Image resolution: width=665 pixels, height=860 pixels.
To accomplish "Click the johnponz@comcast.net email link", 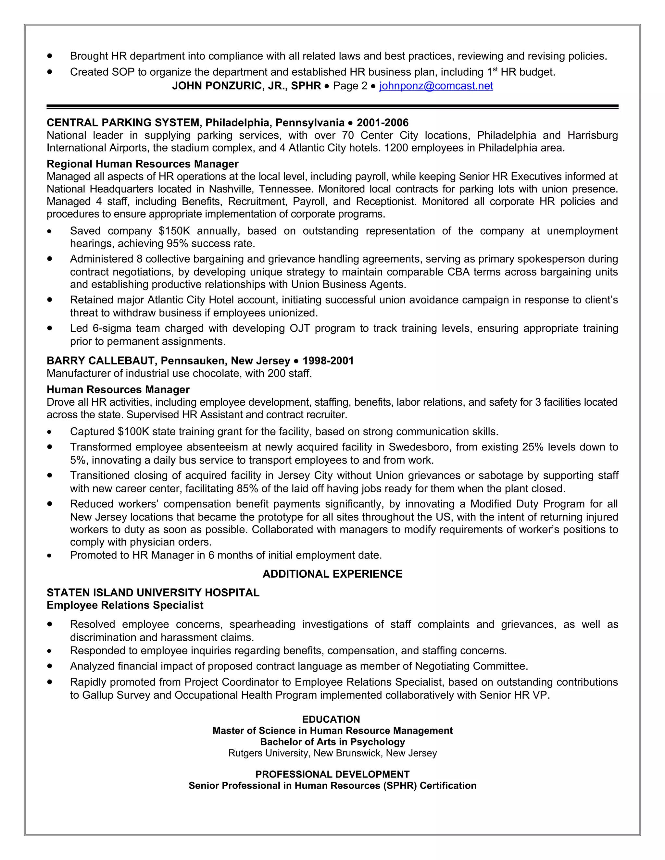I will [436, 86].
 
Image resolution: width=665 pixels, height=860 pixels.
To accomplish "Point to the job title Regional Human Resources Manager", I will [143, 164].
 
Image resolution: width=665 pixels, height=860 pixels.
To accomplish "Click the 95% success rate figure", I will [177, 244].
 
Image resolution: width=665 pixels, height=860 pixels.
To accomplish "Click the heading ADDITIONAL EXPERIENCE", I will [332, 574].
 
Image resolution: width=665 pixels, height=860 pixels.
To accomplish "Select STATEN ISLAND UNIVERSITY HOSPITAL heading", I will [153, 593].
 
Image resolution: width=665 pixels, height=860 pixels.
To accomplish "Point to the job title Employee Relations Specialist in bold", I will [125, 605].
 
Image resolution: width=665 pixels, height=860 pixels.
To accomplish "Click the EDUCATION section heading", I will [331, 719].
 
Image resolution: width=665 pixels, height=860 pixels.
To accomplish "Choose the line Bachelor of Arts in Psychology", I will [332, 742].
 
